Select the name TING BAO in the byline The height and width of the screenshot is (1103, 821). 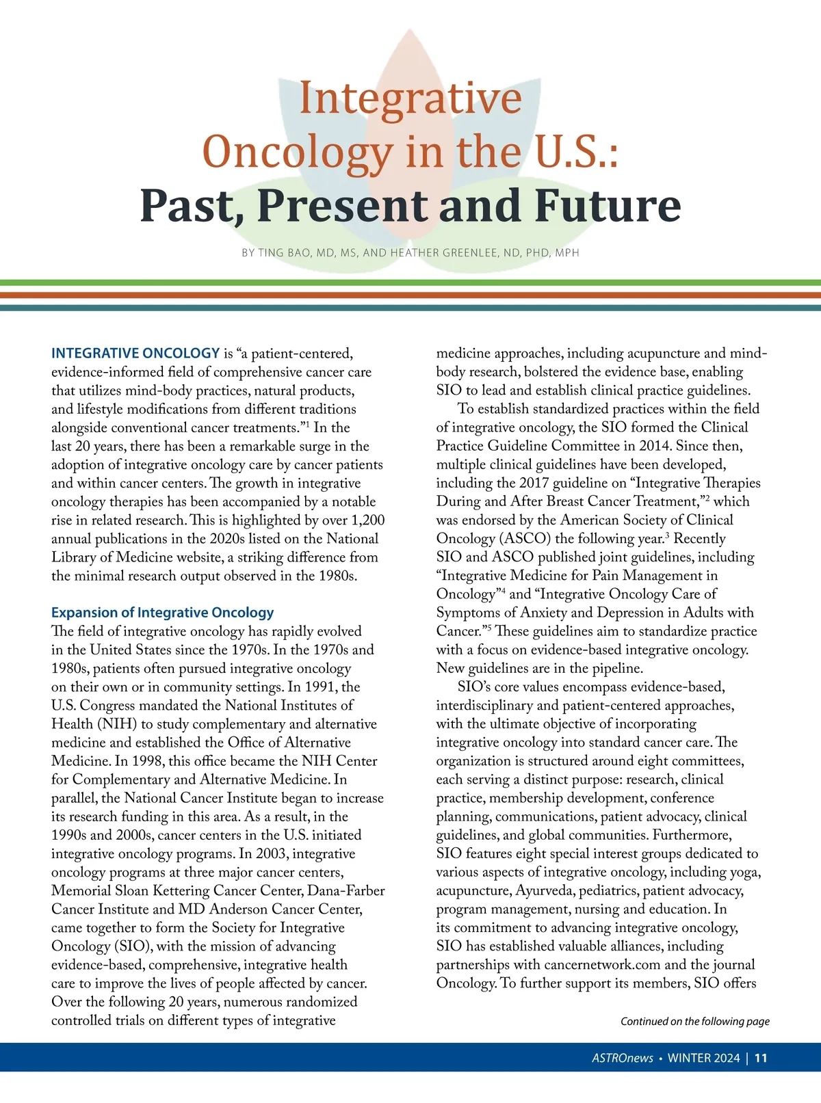(x=285, y=253)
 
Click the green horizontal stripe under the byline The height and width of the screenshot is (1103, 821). (x=410, y=282)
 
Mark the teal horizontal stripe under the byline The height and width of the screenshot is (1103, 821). (x=410, y=308)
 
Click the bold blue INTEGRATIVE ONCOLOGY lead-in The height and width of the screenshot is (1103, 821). (x=135, y=354)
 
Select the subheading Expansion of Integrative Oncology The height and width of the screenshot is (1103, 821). (x=163, y=613)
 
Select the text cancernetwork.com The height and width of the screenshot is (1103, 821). (x=602, y=965)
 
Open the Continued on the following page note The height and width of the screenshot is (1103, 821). (x=694, y=1022)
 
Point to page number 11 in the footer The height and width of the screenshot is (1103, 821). (x=761, y=1058)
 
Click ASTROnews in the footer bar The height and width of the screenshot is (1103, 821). (x=622, y=1058)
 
